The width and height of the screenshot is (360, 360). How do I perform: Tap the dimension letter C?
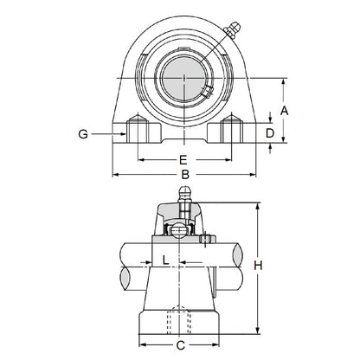tap(180, 346)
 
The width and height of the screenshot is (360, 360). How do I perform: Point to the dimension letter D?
tap(269, 134)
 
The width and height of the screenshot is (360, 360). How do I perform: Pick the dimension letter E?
tap(183, 159)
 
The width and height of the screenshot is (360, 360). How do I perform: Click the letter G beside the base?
tap(83, 134)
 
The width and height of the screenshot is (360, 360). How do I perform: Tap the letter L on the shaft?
tap(165, 260)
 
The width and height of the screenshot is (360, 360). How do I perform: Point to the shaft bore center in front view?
tap(184, 80)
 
